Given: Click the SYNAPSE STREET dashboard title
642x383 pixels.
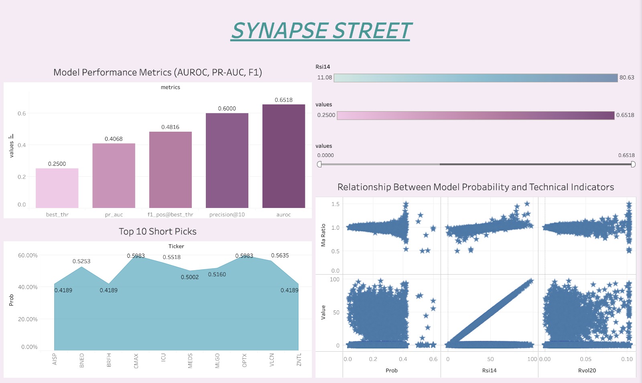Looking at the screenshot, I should pyautogui.click(x=321, y=31).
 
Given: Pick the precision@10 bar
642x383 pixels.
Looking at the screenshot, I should pyautogui.click(x=227, y=160).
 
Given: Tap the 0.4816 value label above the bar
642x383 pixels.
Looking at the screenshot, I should pyautogui.click(x=170, y=127).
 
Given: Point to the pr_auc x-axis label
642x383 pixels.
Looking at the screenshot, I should pyautogui.click(x=114, y=214).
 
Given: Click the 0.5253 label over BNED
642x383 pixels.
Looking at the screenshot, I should pyautogui.click(x=81, y=261).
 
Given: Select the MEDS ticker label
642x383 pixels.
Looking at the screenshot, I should pyautogui.click(x=190, y=360).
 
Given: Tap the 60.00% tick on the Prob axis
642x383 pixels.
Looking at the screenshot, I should pyautogui.click(x=28, y=255).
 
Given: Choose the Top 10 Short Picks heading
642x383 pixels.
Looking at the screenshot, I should pyautogui.click(x=157, y=231).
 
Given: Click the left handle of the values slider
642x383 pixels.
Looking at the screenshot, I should pyautogui.click(x=319, y=164).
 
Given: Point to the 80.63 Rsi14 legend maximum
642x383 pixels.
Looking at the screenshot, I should pyautogui.click(x=627, y=77).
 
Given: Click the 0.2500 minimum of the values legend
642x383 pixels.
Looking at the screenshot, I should pyautogui.click(x=326, y=115).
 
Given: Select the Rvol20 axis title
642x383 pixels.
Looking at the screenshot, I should pyautogui.click(x=587, y=370).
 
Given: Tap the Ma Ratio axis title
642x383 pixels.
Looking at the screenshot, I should pyautogui.click(x=323, y=235).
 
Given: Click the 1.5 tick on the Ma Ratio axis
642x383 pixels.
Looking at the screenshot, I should pyautogui.click(x=335, y=204).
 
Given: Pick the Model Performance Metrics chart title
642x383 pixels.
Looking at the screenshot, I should pyautogui.click(x=157, y=72).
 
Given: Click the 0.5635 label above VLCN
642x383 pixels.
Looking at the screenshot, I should pyautogui.click(x=280, y=255).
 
